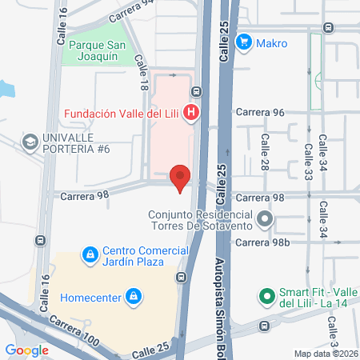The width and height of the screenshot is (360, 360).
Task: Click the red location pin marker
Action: coord(181,178)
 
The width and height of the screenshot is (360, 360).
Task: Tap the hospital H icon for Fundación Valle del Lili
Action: coord(191,113)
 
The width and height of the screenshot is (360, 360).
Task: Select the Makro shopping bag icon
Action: coord(246,42)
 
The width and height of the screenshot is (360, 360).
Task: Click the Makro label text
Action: coord(272,42)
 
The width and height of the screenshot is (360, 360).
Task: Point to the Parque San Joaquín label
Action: coord(104,50)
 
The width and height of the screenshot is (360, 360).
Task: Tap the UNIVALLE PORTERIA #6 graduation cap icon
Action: coord(30,142)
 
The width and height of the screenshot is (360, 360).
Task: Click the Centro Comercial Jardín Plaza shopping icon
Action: coord(90,255)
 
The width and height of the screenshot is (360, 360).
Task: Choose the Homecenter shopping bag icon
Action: coord(134,298)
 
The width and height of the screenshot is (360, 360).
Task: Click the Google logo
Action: coord(26,350)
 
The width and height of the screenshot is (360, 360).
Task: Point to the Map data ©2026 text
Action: coord(325,354)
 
